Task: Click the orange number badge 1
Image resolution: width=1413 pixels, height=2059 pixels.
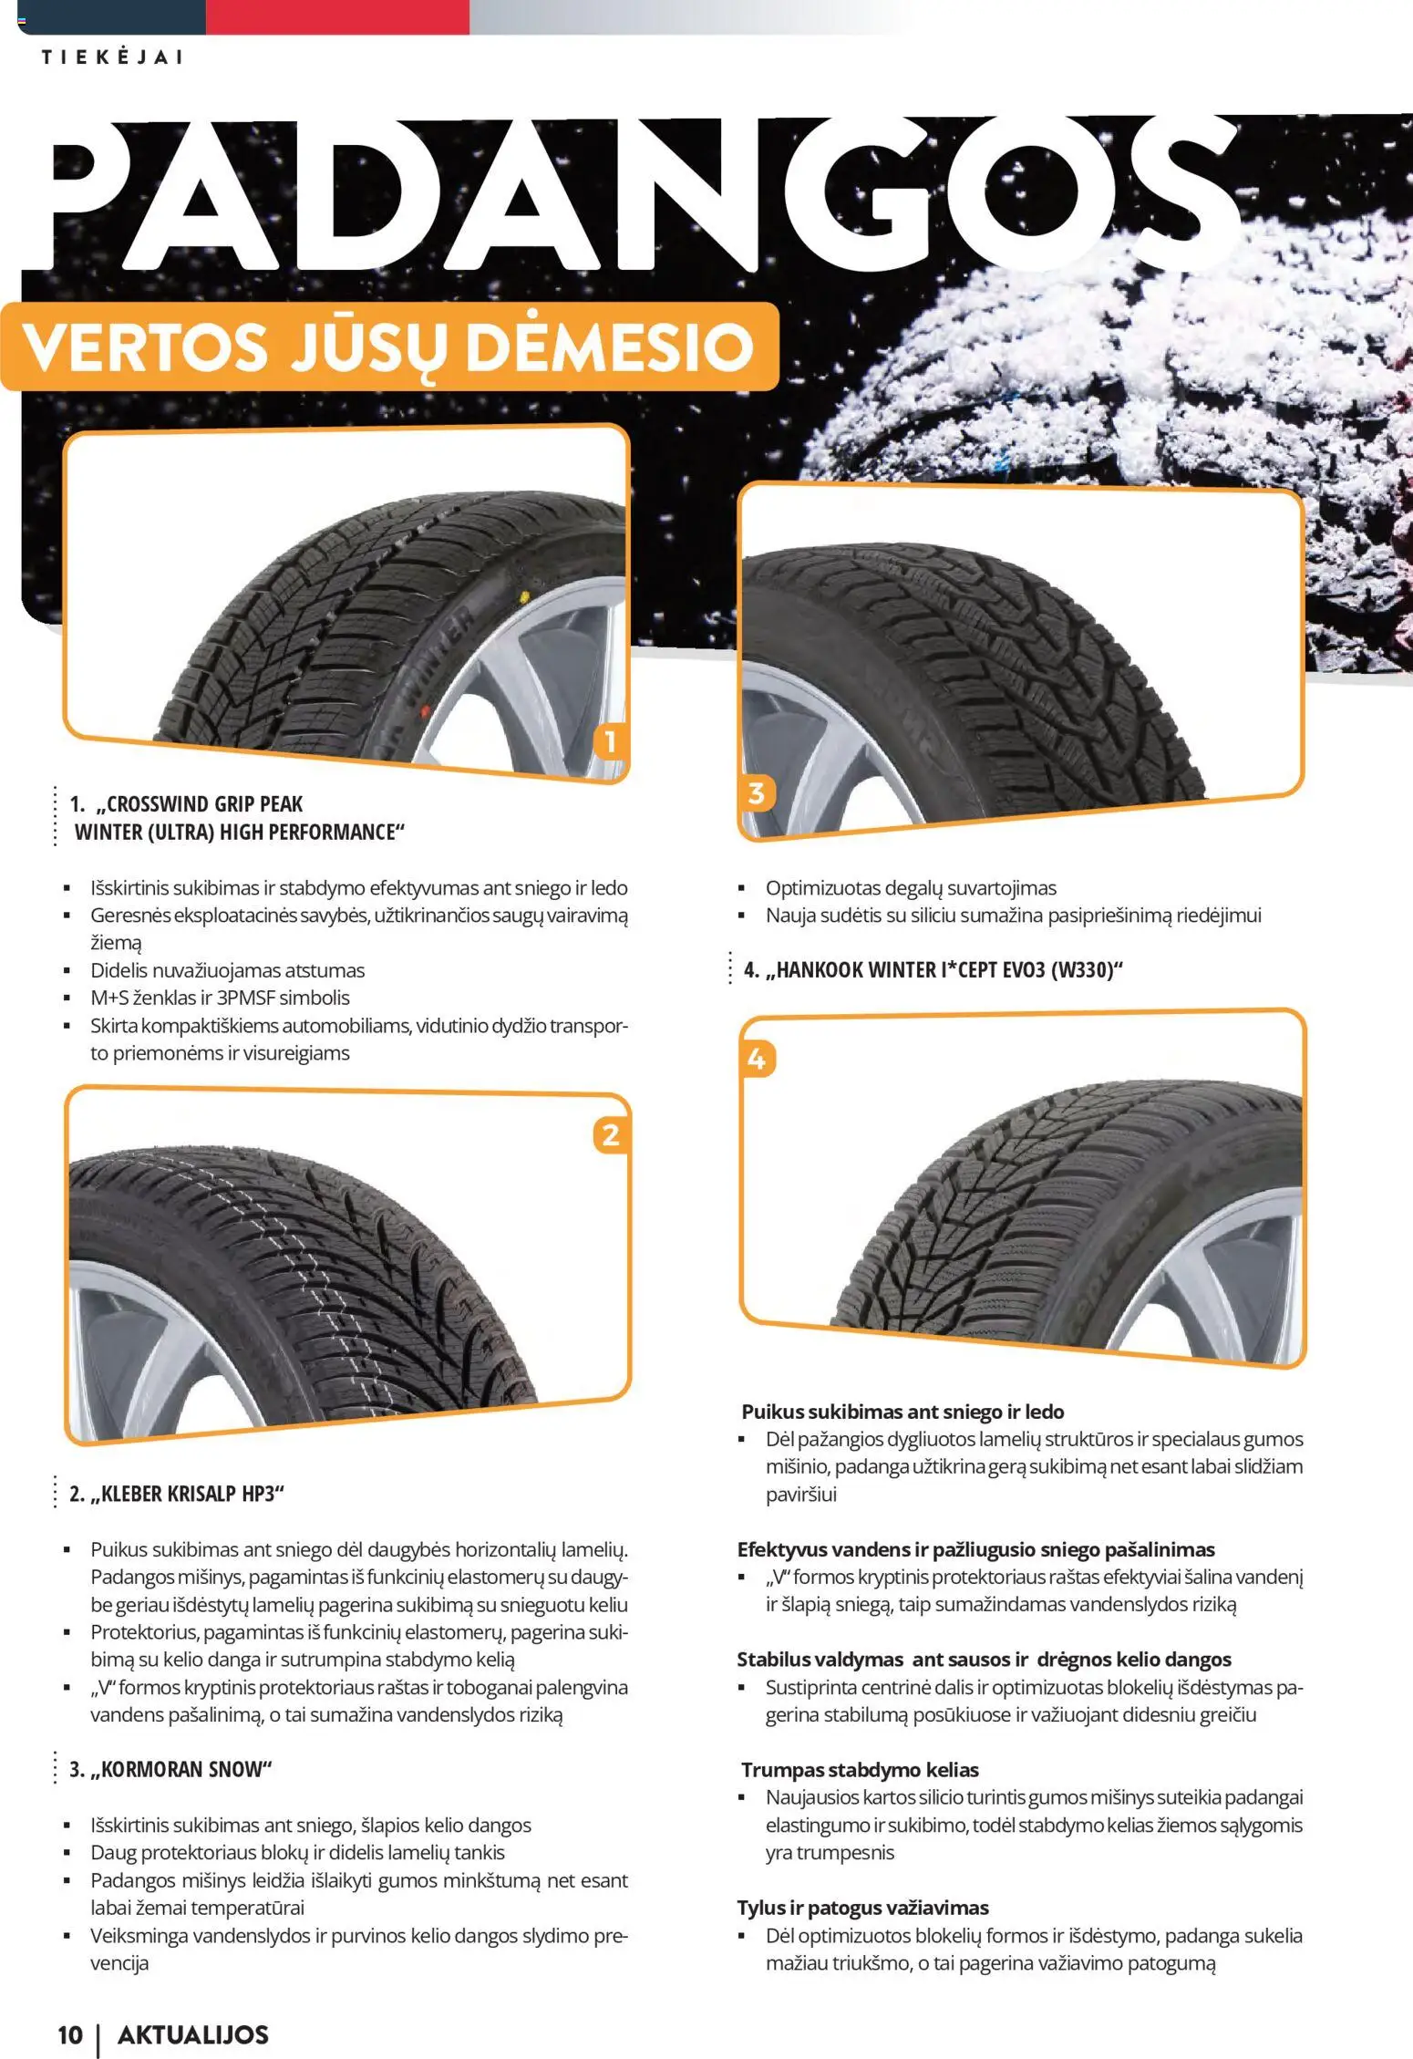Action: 610,740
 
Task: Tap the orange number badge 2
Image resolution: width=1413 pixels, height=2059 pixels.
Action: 611,1135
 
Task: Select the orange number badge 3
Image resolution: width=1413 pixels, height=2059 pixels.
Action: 756,793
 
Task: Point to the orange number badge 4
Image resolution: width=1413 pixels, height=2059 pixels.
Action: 757,1060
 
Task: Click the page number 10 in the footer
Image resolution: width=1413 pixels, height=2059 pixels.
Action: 70,2034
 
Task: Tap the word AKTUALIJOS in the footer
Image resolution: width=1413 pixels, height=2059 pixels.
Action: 193,2034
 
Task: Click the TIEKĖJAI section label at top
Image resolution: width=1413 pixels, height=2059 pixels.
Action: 112,57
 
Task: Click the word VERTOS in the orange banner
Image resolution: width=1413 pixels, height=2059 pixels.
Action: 146,347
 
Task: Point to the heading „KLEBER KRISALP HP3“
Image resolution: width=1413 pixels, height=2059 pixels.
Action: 177,1494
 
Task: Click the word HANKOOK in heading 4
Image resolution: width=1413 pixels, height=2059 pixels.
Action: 817,969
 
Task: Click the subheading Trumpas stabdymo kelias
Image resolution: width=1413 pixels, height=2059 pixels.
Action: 860,1770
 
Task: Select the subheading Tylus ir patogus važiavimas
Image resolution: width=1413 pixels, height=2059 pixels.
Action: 862,1908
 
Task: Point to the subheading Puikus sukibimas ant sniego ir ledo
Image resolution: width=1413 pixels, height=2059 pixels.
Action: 902,1412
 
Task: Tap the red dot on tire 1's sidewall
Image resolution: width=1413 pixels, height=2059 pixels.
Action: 424,708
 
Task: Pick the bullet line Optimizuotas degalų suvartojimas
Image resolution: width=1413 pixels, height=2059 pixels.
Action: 910,887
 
